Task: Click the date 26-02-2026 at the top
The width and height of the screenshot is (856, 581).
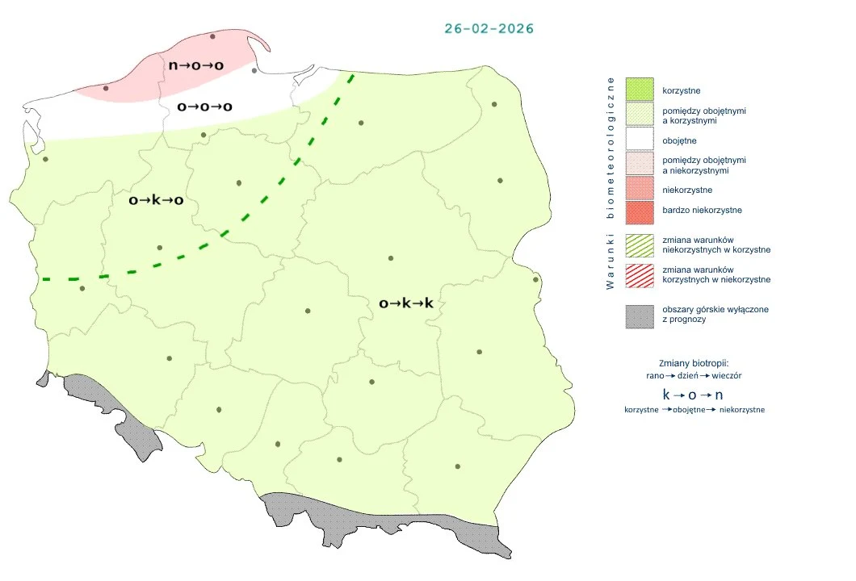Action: (489, 28)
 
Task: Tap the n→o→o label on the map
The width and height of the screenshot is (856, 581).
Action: (195, 65)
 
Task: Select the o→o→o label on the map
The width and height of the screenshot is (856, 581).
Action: (204, 107)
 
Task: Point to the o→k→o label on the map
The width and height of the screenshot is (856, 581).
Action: (156, 200)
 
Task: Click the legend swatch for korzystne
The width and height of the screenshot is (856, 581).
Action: (639, 90)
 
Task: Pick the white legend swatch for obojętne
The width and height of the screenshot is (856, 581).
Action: (639, 140)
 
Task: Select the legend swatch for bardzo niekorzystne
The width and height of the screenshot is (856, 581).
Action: (639, 211)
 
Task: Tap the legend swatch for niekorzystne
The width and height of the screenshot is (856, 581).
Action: (639, 190)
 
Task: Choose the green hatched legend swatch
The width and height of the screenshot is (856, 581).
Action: (639, 245)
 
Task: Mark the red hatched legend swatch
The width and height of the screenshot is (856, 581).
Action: (639, 274)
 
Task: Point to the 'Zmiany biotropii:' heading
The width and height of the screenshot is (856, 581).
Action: (694, 362)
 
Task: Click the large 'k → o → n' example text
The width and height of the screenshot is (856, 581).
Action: (693, 395)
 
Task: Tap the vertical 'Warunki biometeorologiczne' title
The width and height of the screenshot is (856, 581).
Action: (611, 183)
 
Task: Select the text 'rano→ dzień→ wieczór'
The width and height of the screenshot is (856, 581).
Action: (694, 376)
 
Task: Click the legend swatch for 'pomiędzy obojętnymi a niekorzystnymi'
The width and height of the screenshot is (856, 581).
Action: (639, 165)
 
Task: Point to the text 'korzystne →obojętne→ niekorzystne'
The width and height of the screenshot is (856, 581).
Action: (694, 410)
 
